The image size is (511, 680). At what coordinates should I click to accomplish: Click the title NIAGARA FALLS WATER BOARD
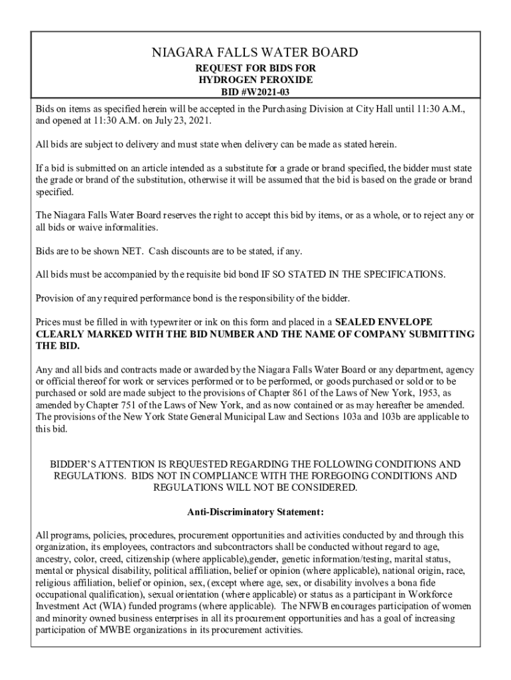[256, 52]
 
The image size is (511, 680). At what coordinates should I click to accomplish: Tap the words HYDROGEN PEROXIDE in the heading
[256, 79]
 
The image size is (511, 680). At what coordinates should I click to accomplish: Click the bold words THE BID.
[57, 347]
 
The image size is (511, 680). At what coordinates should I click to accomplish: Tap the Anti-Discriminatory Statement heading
[256, 512]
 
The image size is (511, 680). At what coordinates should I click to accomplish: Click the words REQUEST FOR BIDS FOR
[256, 67]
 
